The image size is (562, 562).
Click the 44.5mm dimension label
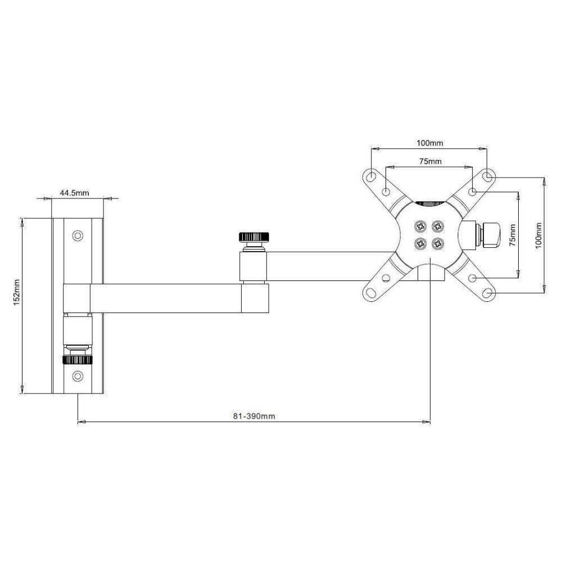pos(74,193)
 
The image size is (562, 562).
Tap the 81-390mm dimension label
pos(253,416)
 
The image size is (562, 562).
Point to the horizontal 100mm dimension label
pos(430,143)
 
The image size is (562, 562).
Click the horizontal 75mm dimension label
pos(430,161)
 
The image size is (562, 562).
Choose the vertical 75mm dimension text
pos(512,234)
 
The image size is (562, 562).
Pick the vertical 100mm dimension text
pos(538,234)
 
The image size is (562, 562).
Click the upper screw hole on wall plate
pos(78,235)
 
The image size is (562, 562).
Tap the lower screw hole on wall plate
pos(78,375)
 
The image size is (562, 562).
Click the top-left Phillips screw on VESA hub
pos(420,226)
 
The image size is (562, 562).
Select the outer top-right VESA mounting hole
pos(488,176)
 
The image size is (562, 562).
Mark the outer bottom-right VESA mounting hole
pos(488,292)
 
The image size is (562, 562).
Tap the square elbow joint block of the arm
pos(254,298)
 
